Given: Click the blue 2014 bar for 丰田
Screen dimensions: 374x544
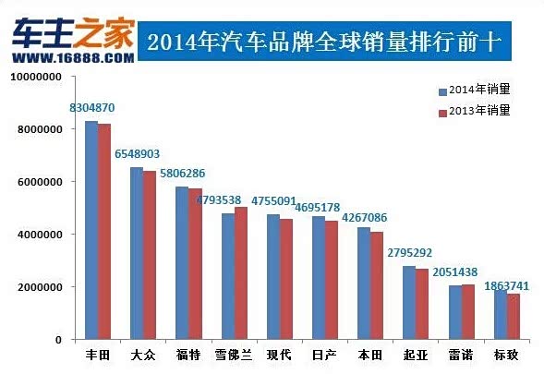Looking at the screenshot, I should [x=91, y=230].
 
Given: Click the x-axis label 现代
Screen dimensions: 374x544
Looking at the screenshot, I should [x=279, y=356].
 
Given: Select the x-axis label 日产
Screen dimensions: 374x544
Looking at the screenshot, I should [x=324, y=356].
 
